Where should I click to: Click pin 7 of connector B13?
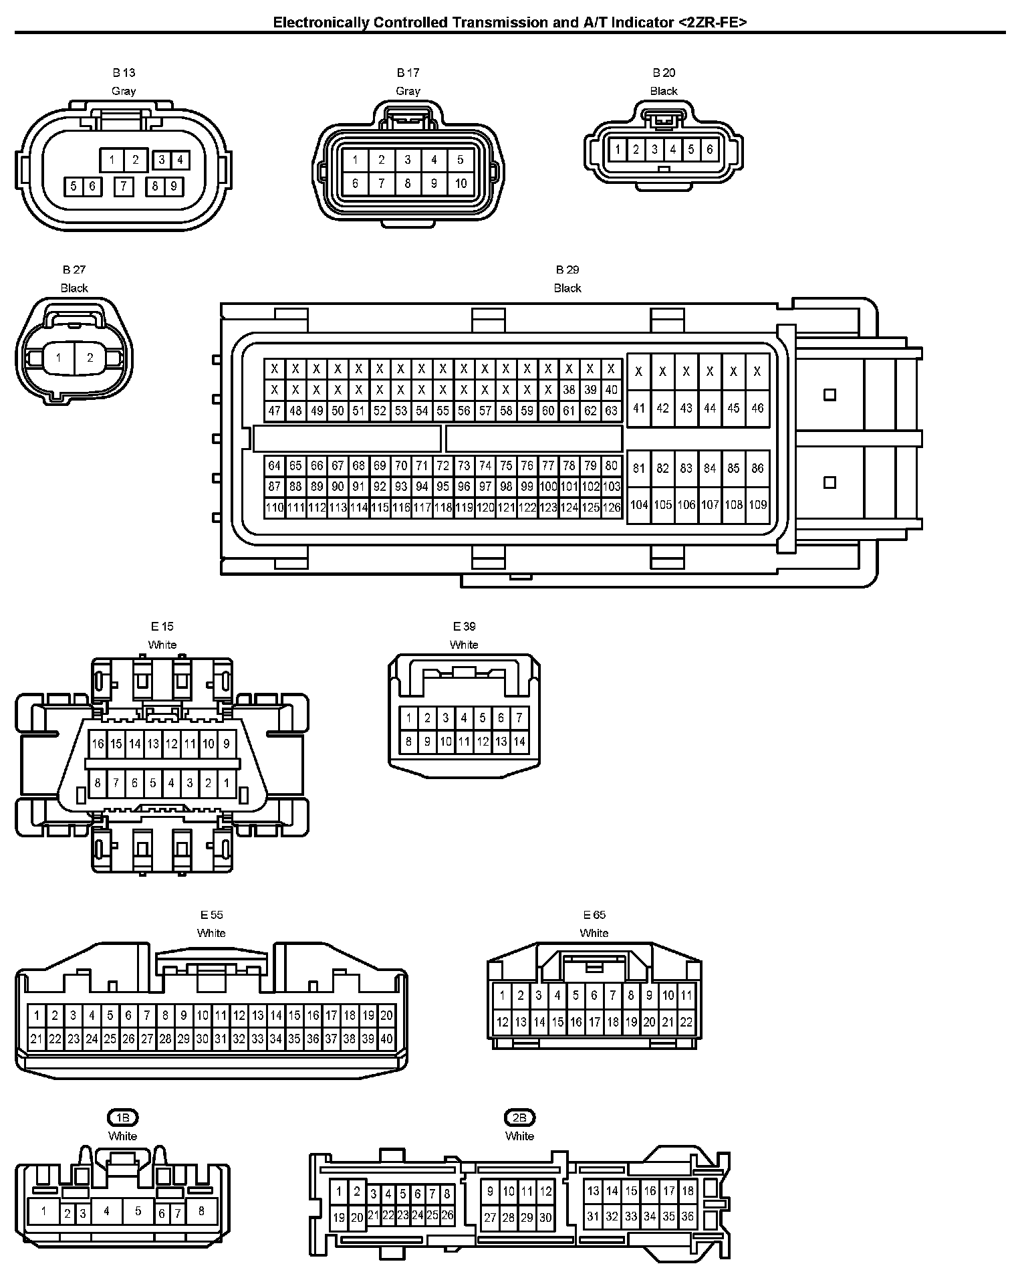(123, 186)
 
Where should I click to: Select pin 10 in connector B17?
(461, 183)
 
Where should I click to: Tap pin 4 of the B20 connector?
(673, 150)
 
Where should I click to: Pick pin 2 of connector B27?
(90, 358)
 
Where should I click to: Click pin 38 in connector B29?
(569, 390)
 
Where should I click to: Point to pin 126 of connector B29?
(612, 508)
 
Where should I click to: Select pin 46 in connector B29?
(757, 407)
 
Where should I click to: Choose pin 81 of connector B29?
(639, 468)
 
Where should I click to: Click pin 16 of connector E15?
(98, 744)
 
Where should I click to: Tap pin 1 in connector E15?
(227, 782)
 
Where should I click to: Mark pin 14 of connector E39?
(519, 741)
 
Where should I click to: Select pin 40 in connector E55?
(386, 1039)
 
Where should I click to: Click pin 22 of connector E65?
(686, 1022)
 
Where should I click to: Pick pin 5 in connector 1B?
(138, 1211)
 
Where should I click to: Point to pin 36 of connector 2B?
(688, 1217)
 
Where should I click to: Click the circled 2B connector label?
(519, 1118)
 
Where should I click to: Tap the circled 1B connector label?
(123, 1118)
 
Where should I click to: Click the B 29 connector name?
(567, 270)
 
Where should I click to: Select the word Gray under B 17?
(408, 91)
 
